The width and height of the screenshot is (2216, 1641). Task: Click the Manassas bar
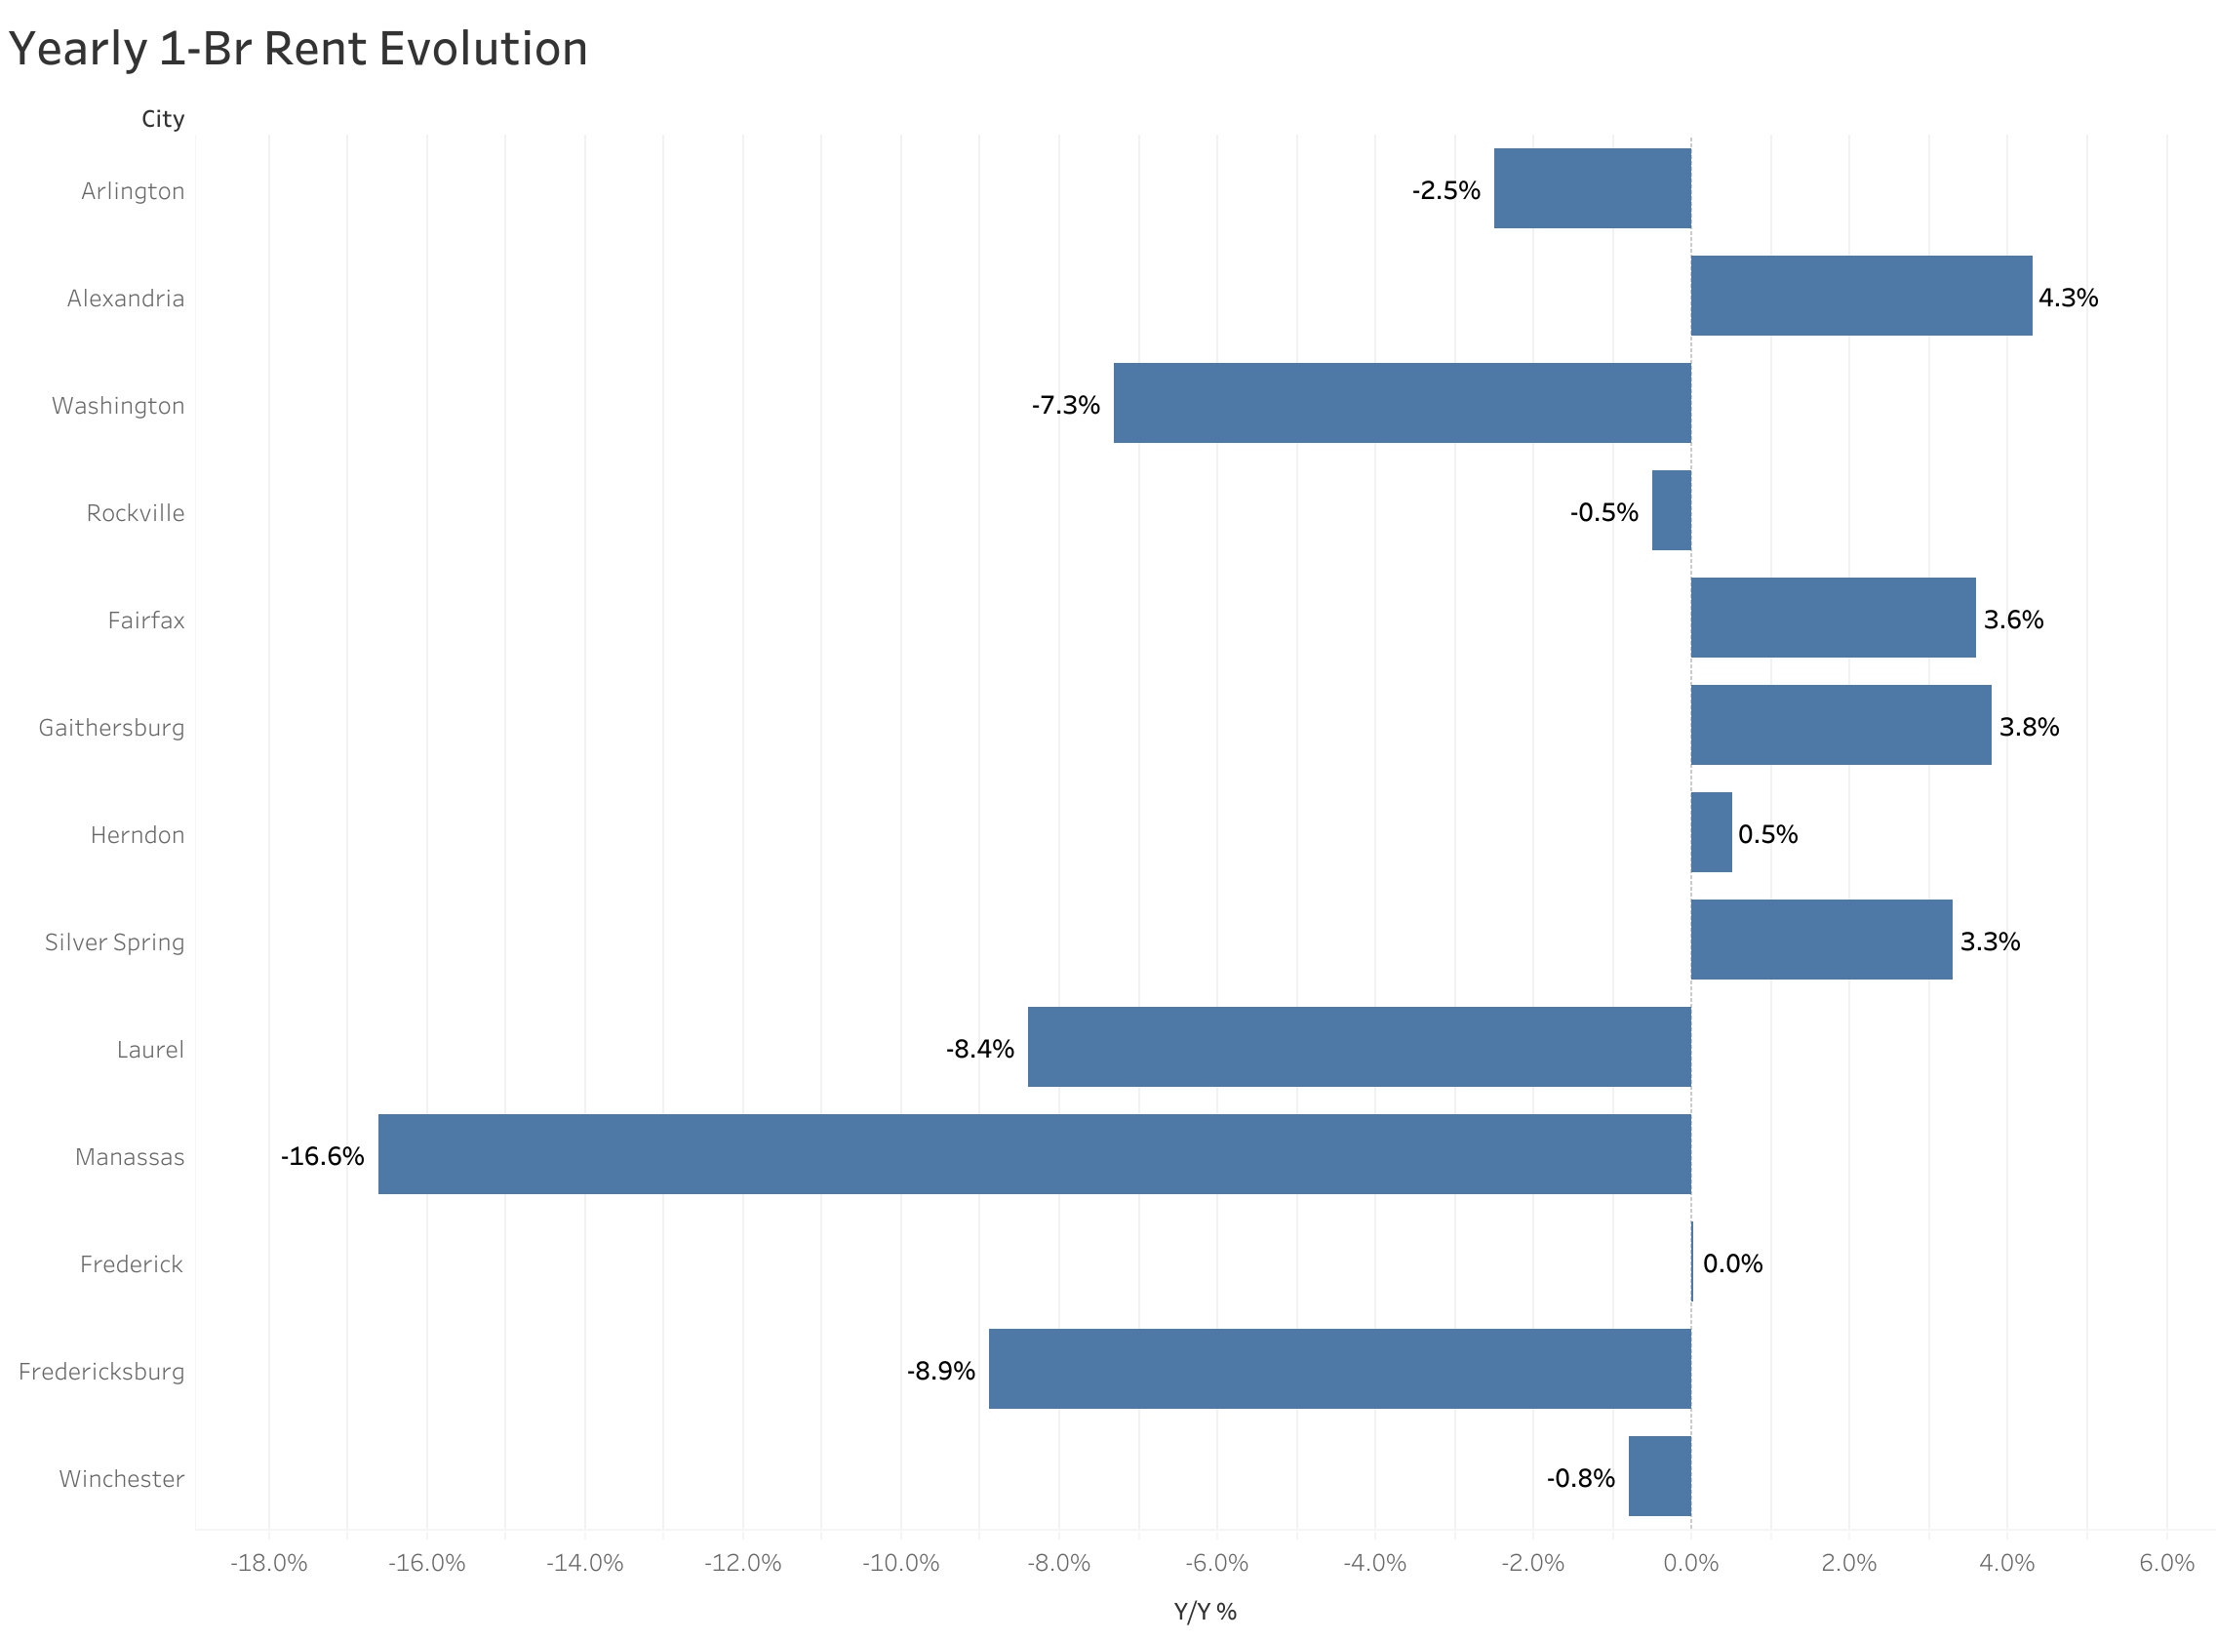pos(1034,1154)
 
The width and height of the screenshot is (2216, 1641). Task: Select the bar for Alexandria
pos(1861,296)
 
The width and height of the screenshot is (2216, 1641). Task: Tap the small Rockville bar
pos(1671,510)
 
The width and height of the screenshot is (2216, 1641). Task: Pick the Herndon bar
pos(1711,832)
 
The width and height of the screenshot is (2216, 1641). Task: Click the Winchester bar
pos(1659,1476)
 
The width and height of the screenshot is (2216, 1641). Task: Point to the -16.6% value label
pos(322,1156)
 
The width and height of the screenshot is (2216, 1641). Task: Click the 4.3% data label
pos(2067,298)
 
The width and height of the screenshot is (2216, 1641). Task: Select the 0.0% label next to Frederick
pos(1731,1263)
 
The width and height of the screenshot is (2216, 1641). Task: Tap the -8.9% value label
pos(939,1371)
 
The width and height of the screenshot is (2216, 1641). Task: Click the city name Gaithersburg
pos(111,728)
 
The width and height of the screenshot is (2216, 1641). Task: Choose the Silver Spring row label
pos(114,942)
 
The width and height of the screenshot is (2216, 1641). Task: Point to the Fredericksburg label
pos(101,1372)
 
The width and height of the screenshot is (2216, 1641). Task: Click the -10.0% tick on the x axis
pos(899,1564)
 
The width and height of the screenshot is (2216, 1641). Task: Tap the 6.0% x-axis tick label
pos(2165,1564)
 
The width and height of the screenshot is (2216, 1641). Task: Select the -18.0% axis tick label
pos(268,1564)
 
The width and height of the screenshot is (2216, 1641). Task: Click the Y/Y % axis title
pos(1205,1612)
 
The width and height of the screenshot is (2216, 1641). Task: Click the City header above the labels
pos(163,119)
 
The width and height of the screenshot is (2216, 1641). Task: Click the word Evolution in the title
pos(483,50)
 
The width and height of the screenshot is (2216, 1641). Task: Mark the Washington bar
pos(1401,403)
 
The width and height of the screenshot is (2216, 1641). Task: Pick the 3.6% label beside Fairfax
pos(2012,620)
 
